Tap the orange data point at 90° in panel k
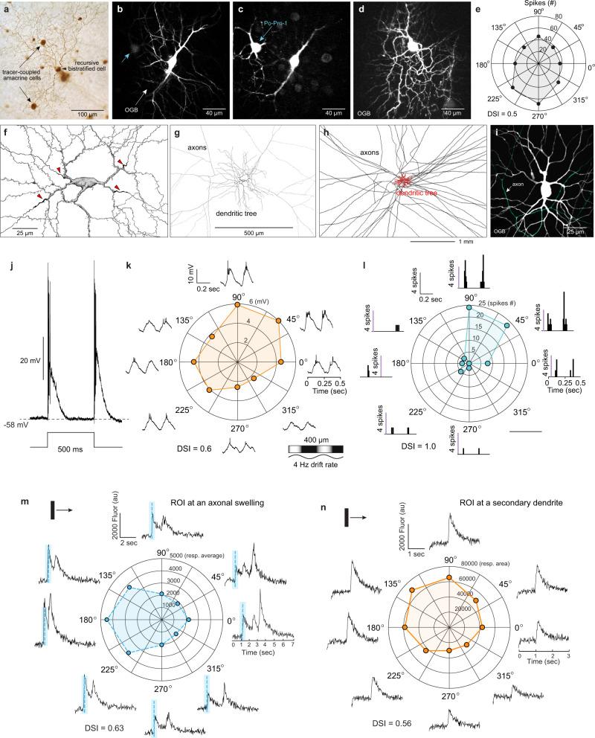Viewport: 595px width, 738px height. [x=237, y=305]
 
